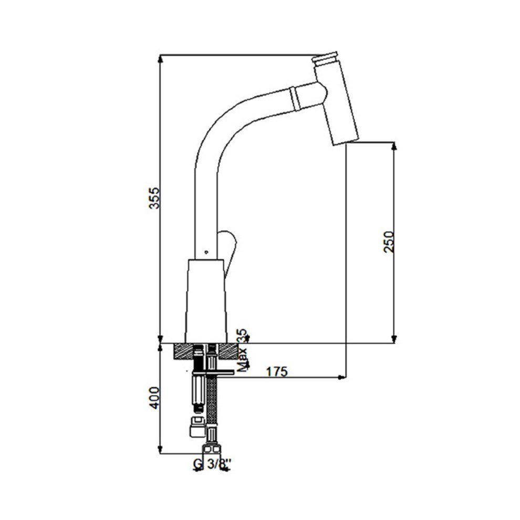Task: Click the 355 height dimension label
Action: pyautogui.click(x=154, y=198)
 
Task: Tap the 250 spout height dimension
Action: pyautogui.click(x=389, y=242)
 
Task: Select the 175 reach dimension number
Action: pyautogui.click(x=277, y=372)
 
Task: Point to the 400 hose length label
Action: pyautogui.click(x=154, y=398)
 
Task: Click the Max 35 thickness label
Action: pyautogui.click(x=243, y=350)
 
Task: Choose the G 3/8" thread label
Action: pyautogui.click(x=212, y=464)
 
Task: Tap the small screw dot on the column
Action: pyautogui.click(x=206, y=252)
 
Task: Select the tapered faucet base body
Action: pyautogui.click(x=206, y=301)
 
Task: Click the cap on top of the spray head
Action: pyautogui.click(x=325, y=58)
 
